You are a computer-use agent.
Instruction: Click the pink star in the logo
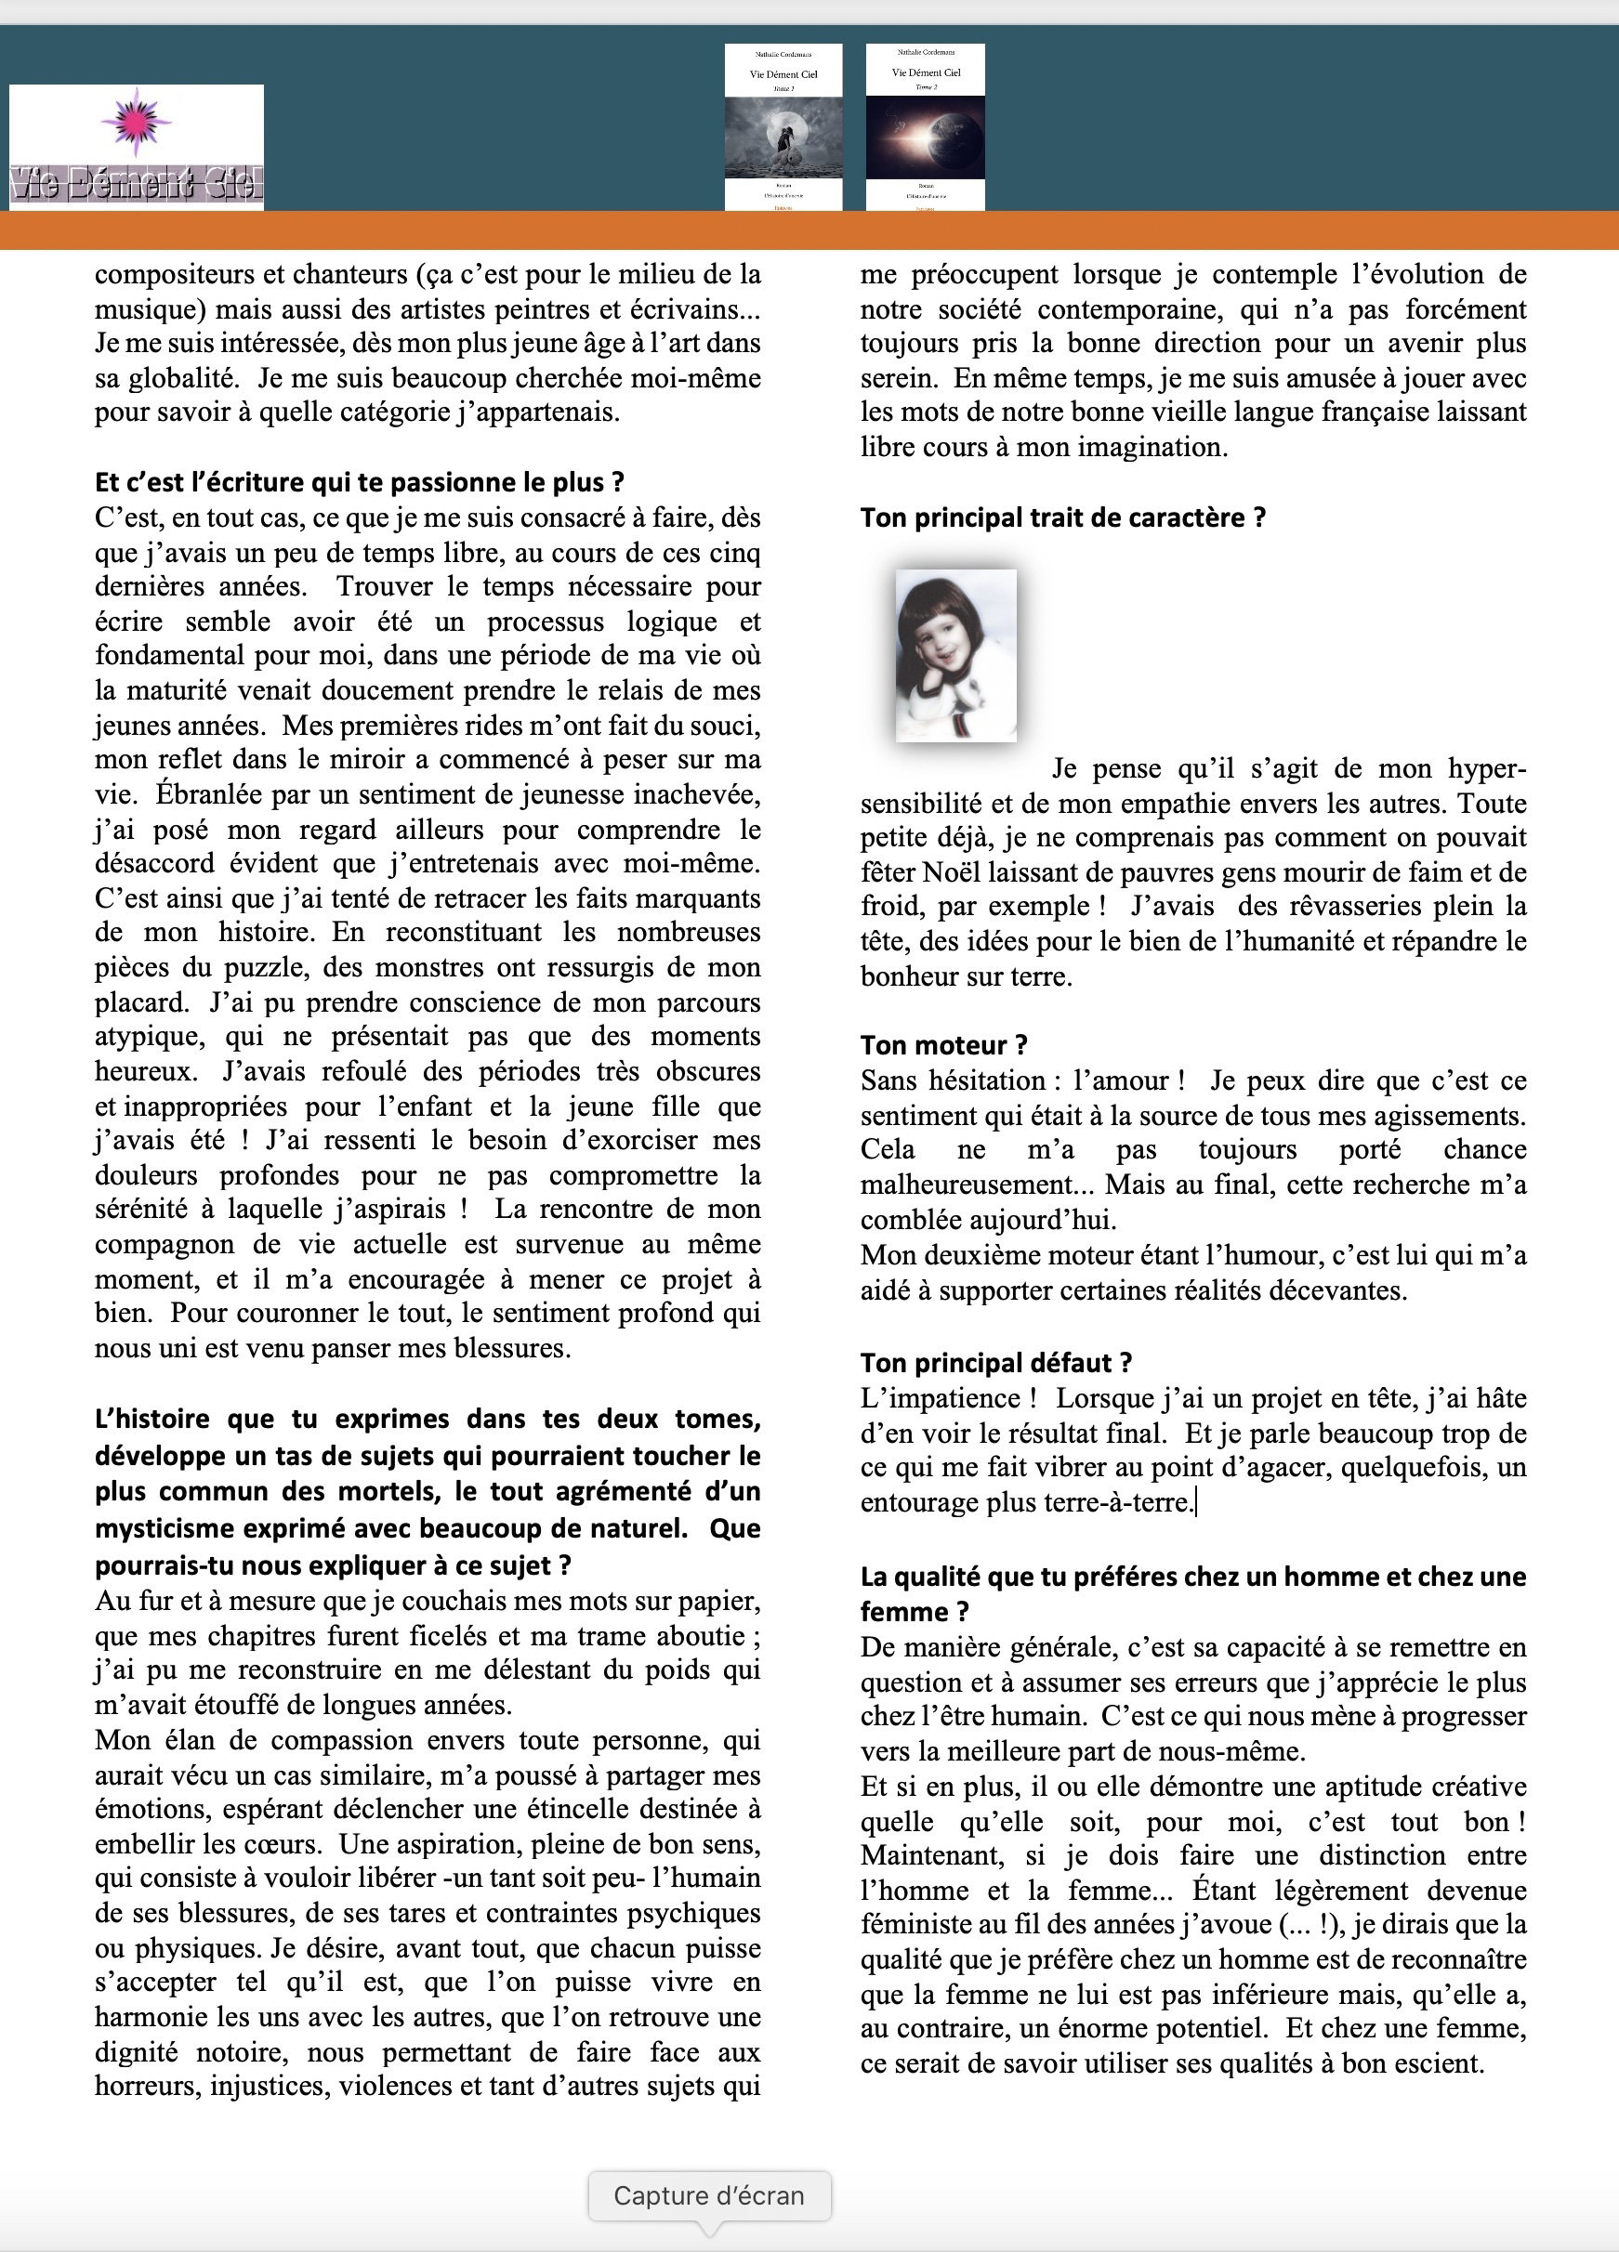click(x=136, y=120)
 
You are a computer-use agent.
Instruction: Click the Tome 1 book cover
click(x=783, y=126)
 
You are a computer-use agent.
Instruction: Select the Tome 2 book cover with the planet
click(x=926, y=126)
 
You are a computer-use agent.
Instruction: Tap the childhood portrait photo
click(x=955, y=655)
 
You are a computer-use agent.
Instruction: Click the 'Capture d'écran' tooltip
click(x=709, y=2195)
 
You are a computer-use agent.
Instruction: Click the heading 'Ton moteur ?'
click(x=943, y=1044)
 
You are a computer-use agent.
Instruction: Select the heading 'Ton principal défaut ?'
click(x=996, y=1362)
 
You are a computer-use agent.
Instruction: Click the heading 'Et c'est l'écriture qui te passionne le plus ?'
click(x=360, y=482)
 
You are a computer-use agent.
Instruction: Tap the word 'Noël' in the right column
click(x=952, y=871)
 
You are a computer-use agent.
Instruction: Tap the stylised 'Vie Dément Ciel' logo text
click(x=136, y=185)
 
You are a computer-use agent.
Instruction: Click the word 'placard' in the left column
click(x=141, y=1002)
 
